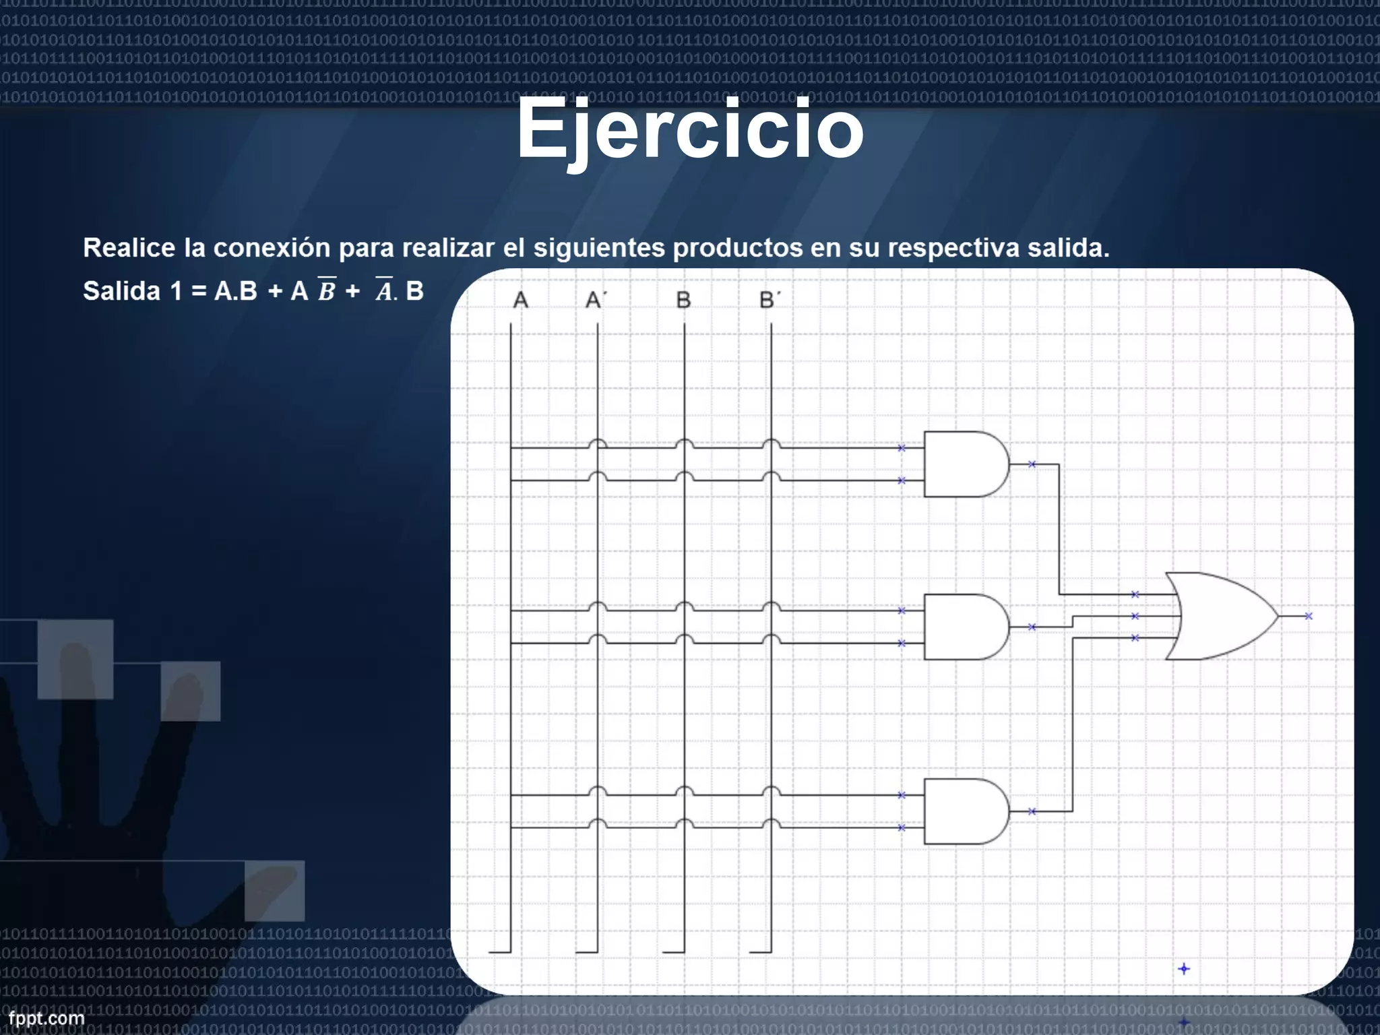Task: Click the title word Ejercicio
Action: click(690, 129)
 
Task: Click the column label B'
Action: click(770, 300)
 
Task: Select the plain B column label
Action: click(683, 300)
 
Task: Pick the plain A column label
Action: click(520, 300)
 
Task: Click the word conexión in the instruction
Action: click(272, 248)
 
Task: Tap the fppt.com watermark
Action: click(46, 1018)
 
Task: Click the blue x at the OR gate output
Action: click(1309, 616)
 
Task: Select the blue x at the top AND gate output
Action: click(1032, 464)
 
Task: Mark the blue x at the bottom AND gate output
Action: click(1032, 811)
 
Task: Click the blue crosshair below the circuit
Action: click(1184, 969)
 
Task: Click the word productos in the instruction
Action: click(738, 248)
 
